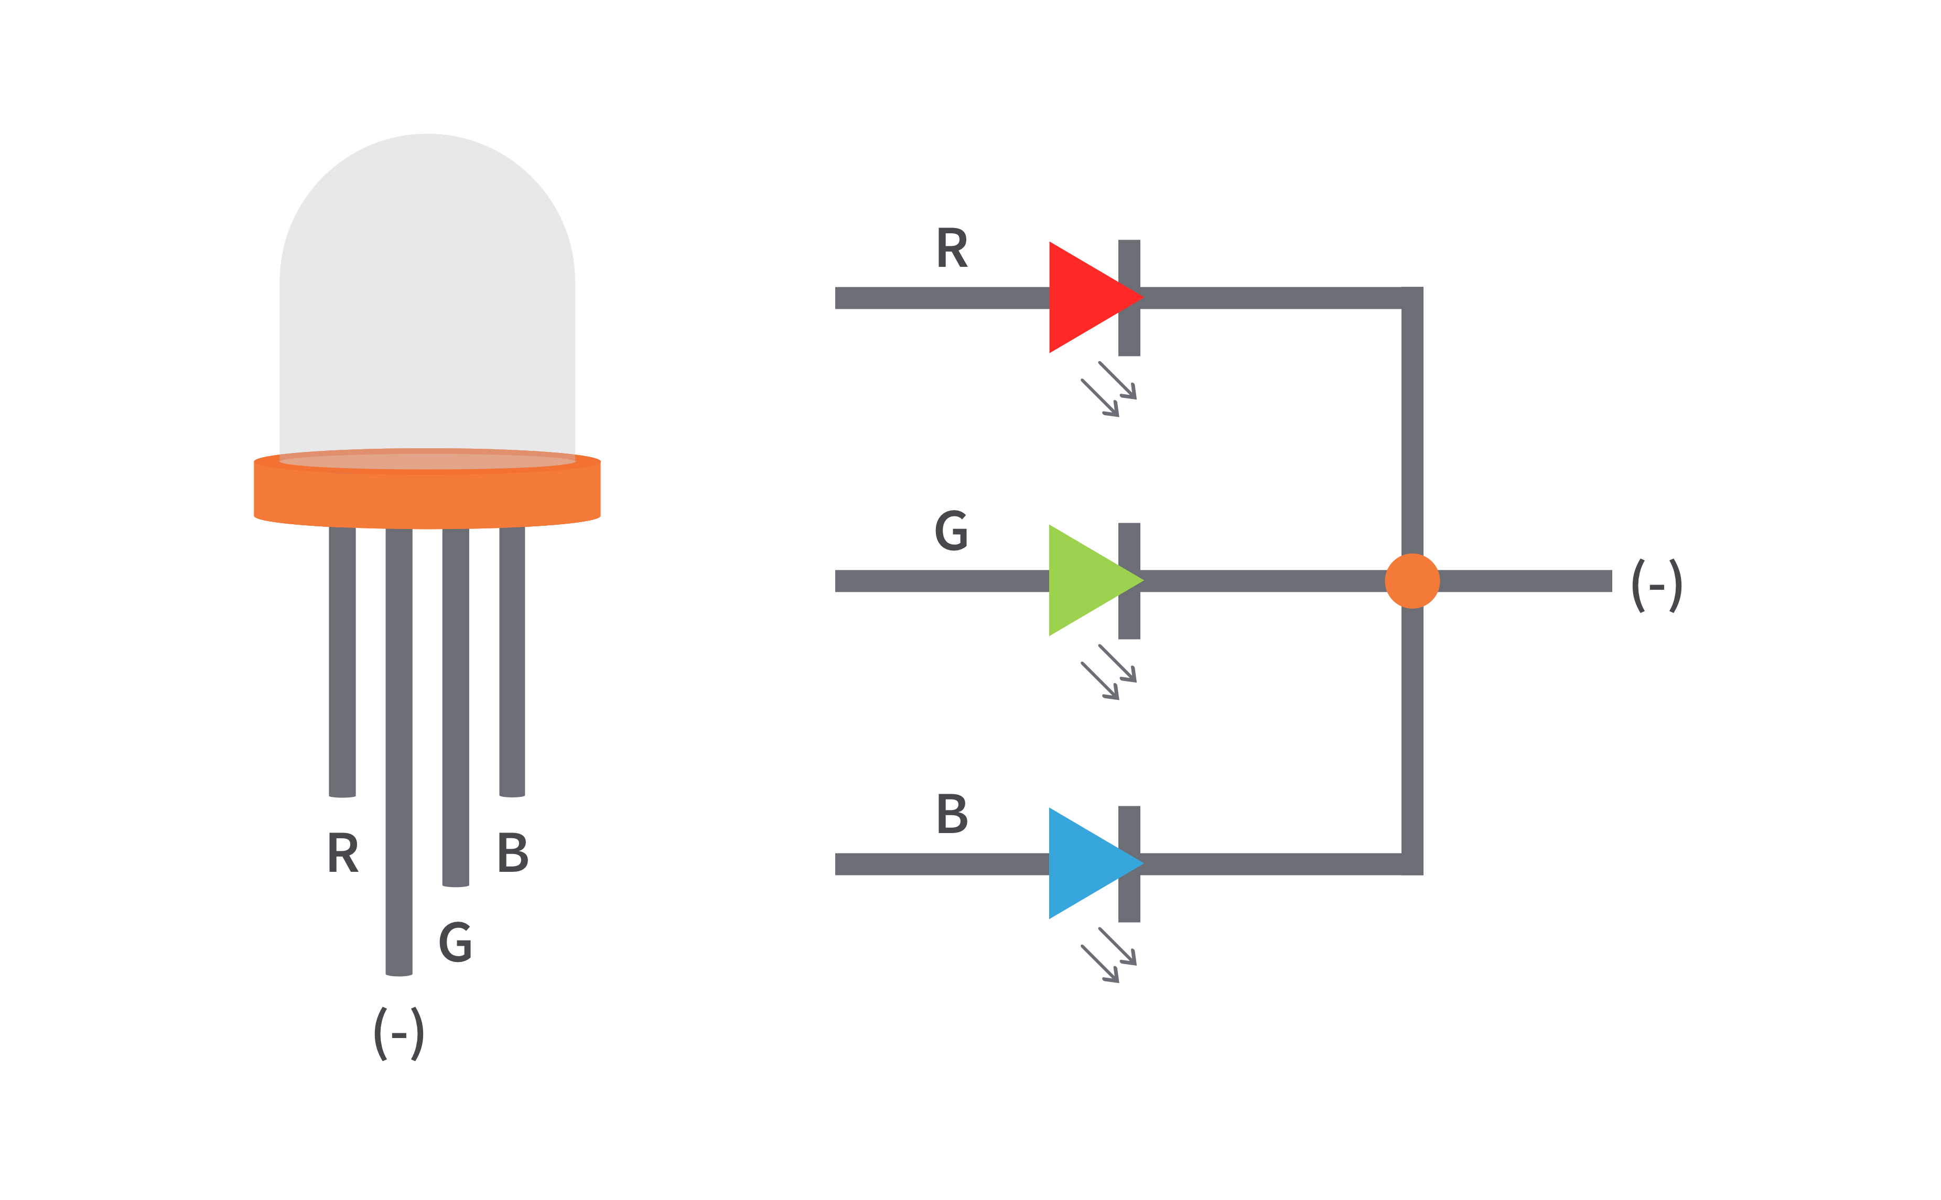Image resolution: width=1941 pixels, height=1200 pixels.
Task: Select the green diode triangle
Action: (1083, 580)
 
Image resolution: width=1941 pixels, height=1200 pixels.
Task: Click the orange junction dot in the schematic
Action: (1412, 581)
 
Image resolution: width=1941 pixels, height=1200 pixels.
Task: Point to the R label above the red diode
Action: (952, 247)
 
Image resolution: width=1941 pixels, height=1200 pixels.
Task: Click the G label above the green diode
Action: (951, 530)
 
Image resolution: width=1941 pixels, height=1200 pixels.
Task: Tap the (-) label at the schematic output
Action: (1656, 586)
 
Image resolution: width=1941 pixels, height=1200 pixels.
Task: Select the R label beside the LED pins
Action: (343, 852)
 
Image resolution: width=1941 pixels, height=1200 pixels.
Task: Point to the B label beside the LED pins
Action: (513, 852)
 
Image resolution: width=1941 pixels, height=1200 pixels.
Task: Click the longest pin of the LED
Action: (398, 754)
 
